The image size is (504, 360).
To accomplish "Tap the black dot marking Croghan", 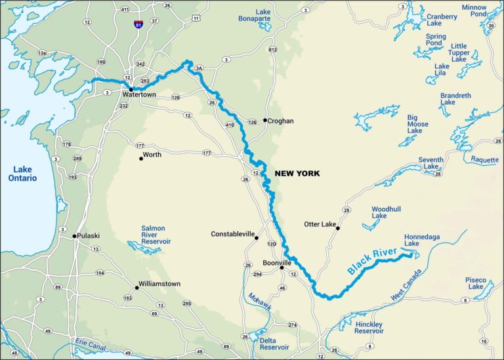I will point(265,120).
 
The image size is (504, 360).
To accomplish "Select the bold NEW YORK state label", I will point(297,174).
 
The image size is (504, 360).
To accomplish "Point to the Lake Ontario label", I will point(22,174).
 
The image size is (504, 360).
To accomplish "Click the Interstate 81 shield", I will point(138,24).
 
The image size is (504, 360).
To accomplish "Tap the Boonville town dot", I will point(281,268).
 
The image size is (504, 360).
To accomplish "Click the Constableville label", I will point(232,234).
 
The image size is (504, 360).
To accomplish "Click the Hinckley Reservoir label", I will point(373,328).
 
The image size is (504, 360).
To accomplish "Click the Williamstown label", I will point(159,284).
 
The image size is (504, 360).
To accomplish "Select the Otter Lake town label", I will point(320,224).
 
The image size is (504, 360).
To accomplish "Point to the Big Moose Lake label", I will point(417,125).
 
